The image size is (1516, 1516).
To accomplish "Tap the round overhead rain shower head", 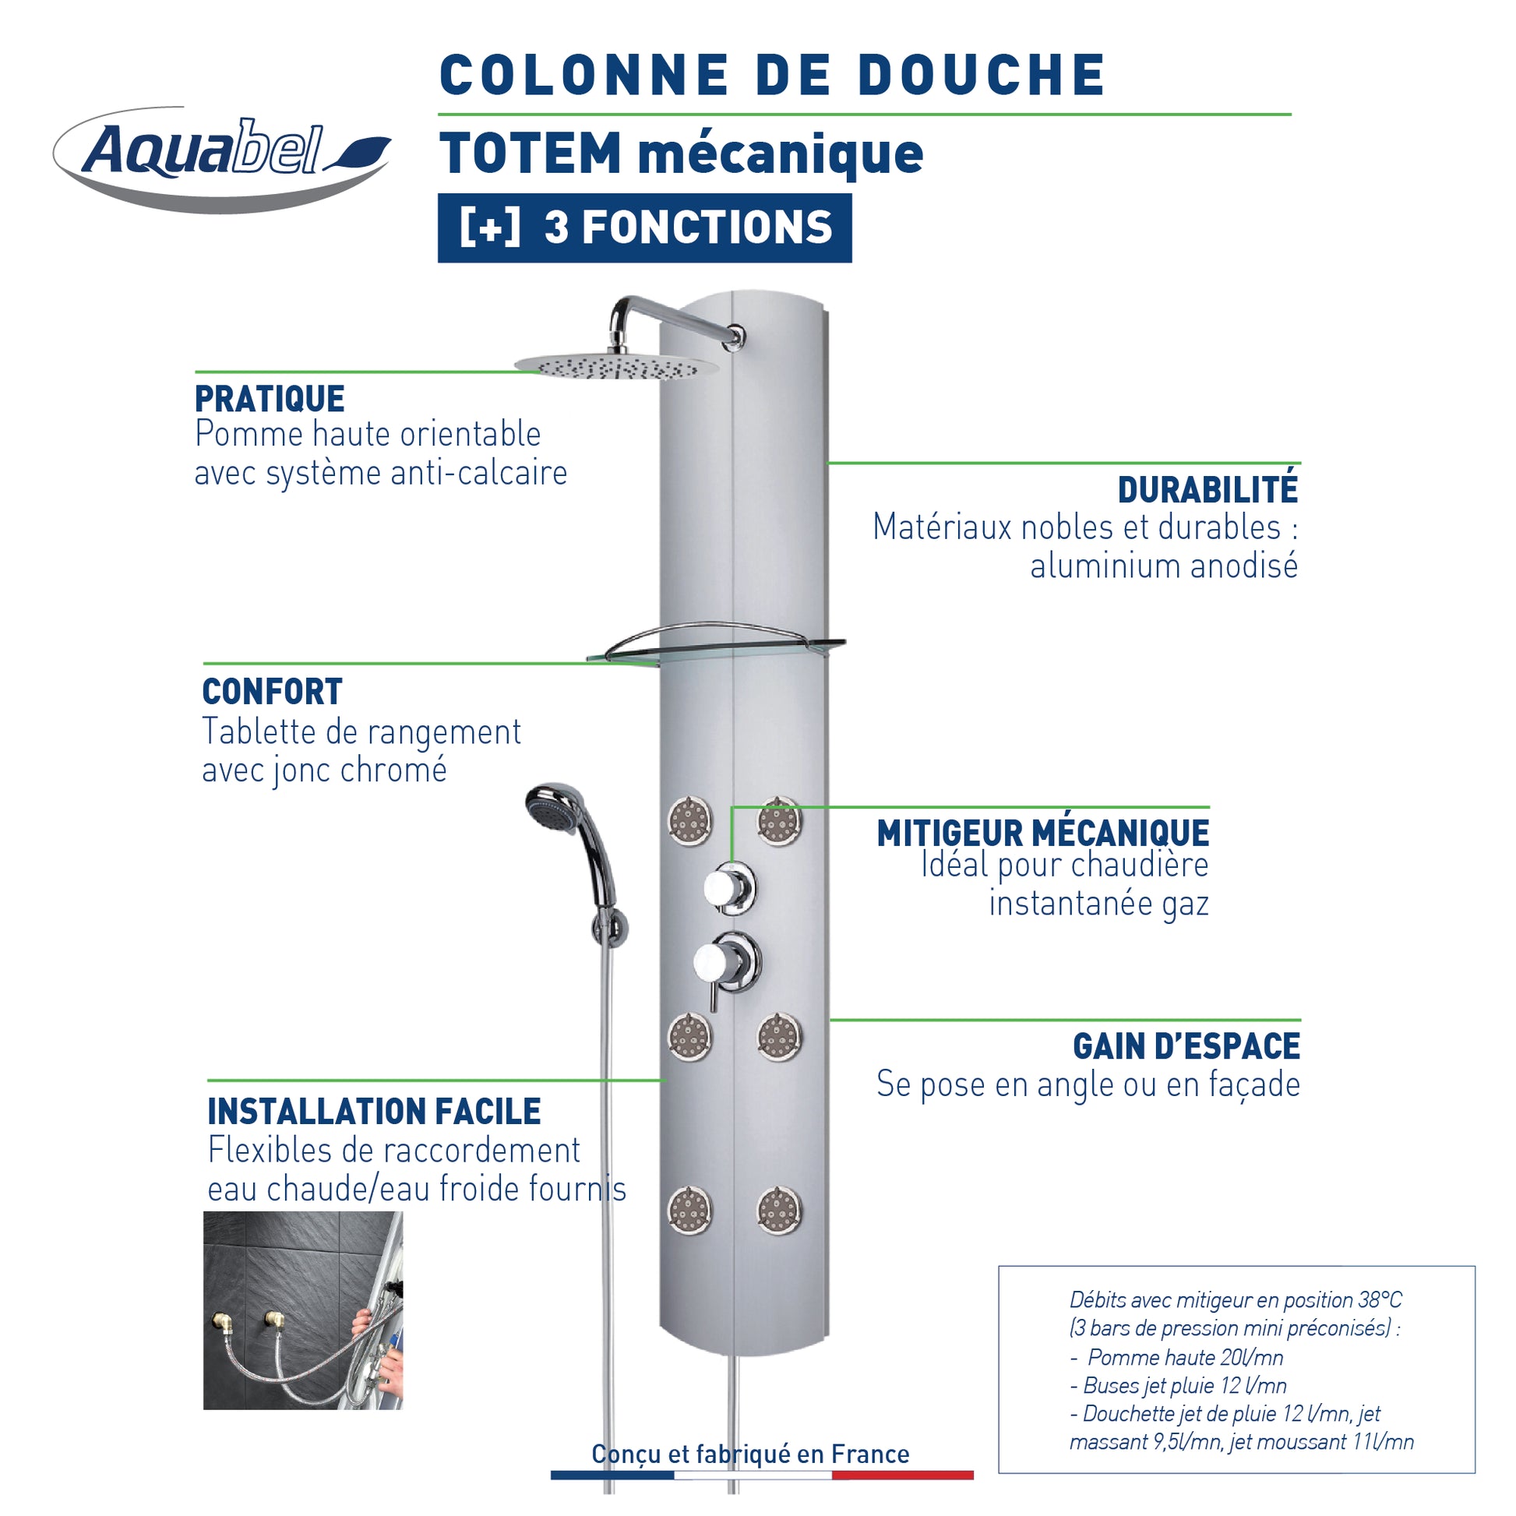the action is [x=616, y=365].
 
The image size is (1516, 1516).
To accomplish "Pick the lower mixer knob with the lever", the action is [x=726, y=963].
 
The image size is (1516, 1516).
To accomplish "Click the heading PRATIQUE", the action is [x=269, y=399].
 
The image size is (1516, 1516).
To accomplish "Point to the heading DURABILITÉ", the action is [x=1208, y=490].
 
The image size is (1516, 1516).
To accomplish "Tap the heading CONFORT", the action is [x=273, y=691].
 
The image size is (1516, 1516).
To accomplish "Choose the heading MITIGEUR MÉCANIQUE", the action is [x=1043, y=834].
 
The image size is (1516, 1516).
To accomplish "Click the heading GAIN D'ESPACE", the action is [x=1186, y=1046].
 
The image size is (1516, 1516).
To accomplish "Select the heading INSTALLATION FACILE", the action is [x=374, y=1111].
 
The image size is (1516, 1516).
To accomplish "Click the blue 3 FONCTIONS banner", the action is [x=644, y=227].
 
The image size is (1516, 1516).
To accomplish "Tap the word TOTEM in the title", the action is [x=531, y=153].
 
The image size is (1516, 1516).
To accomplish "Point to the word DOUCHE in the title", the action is [x=981, y=76].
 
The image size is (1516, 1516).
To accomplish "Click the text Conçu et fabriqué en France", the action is [x=750, y=1454].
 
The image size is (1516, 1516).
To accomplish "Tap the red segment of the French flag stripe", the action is [x=902, y=1475].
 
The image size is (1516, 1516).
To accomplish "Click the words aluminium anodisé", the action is [x=1165, y=566].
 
